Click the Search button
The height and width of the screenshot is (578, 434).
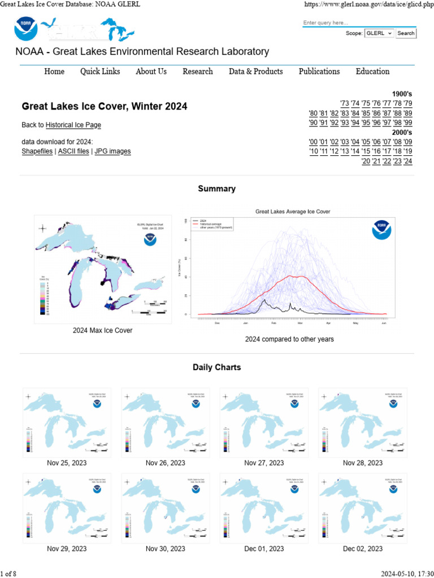[x=406, y=33]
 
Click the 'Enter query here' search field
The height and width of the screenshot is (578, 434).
[x=359, y=23]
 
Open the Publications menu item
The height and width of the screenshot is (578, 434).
[x=319, y=71]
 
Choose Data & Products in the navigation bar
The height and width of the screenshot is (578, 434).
[x=255, y=71]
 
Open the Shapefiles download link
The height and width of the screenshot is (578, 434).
[x=37, y=151]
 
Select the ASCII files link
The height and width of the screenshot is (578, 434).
[x=73, y=151]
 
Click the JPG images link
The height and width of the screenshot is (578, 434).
[x=112, y=151]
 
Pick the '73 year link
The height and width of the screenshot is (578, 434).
[x=345, y=103]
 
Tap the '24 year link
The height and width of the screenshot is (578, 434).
[x=407, y=161]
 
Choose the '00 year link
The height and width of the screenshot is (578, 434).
[x=314, y=142]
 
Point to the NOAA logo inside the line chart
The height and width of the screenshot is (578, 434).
[x=381, y=230]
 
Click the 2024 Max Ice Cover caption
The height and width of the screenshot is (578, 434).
[x=102, y=330]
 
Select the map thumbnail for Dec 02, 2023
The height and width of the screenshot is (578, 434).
[x=363, y=507]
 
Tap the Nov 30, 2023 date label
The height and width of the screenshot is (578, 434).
[x=165, y=549]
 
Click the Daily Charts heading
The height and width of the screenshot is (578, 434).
[x=217, y=367]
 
